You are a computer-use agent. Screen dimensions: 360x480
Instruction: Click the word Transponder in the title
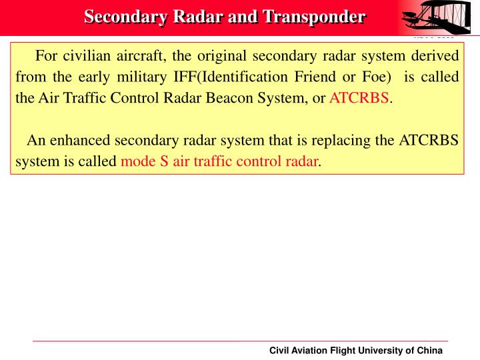(x=314, y=16)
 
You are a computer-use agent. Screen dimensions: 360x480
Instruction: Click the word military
(x=145, y=77)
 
